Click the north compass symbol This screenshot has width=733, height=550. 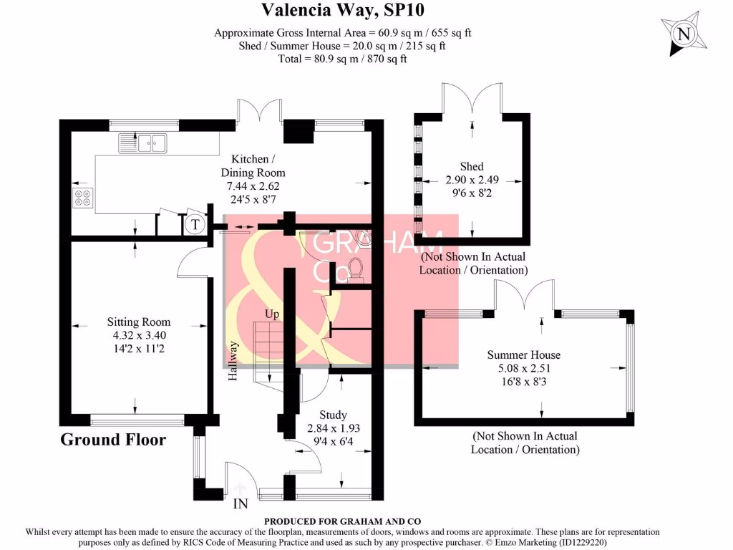click(684, 34)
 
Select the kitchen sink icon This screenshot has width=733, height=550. click(142, 143)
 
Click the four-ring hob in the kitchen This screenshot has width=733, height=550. click(82, 197)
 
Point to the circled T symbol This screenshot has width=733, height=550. click(194, 224)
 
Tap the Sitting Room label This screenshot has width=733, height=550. click(139, 322)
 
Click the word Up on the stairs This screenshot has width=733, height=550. click(272, 314)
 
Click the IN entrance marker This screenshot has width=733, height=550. click(241, 503)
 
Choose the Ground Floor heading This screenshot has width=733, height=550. click(113, 440)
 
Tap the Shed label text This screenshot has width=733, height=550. click(472, 167)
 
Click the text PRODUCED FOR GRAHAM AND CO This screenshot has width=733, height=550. click(343, 521)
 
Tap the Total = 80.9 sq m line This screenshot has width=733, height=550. click(342, 59)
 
